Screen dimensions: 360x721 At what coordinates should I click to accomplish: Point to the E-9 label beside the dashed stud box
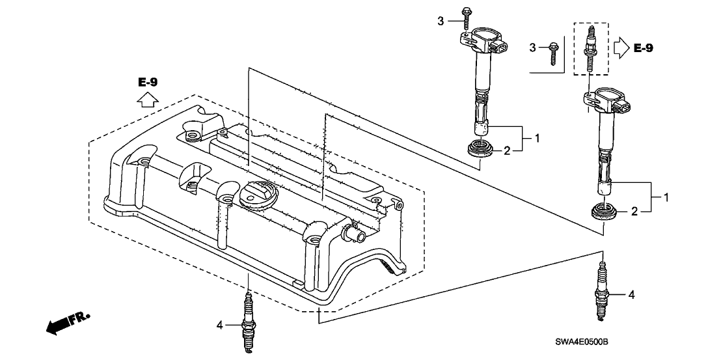point(643,48)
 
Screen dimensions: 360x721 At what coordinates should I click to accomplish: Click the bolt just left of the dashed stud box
point(551,52)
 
